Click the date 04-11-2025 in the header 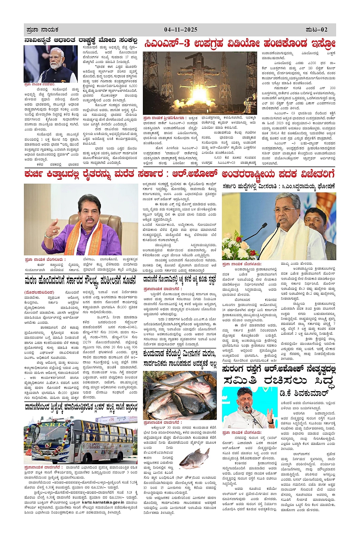(181, 30)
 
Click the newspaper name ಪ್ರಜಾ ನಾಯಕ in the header (42, 30)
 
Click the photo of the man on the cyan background (250, 408)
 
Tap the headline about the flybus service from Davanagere (81, 407)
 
